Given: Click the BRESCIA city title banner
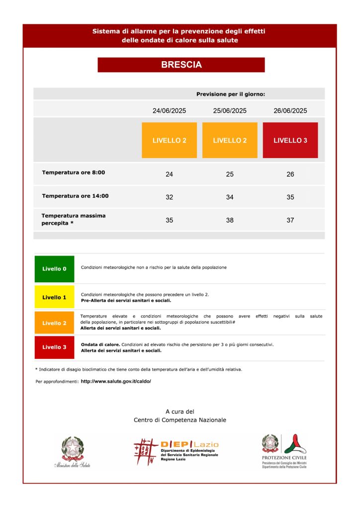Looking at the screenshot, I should pyautogui.click(x=181, y=65).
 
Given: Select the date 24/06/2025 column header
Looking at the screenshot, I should pyautogui.click(x=169, y=111).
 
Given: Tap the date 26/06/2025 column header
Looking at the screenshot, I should pyautogui.click(x=290, y=111).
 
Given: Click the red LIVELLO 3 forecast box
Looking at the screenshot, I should pyautogui.click(x=290, y=140).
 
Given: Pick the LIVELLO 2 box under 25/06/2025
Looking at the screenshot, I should pyautogui.click(x=230, y=140).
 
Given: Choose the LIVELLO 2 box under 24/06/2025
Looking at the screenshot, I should pyautogui.click(x=169, y=140).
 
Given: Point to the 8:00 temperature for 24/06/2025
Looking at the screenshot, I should pyautogui.click(x=169, y=174).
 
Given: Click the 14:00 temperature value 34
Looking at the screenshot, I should pyautogui.click(x=230, y=197).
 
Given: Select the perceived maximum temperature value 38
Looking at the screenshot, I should pyautogui.click(x=230, y=220).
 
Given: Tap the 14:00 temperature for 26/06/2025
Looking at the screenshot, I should pyautogui.click(x=290, y=197).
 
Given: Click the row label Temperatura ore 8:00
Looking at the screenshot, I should pyautogui.click(x=74, y=172).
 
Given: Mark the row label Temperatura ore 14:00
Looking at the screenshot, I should pyautogui.click(x=75, y=196).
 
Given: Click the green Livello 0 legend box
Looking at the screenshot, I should pyautogui.click(x=54, y=269).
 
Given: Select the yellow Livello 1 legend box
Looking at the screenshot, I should pyautogui.click(x=54, y=297).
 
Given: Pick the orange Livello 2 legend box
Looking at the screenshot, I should pyautogui.click(x=54, y=323).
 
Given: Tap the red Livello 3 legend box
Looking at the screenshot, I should pyautogui.click(x=54, y=347).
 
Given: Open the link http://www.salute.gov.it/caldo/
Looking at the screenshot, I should pyautogui.click(x=116, y=381).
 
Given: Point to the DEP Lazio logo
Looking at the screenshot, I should pyautogui.click(x=176, y=451).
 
